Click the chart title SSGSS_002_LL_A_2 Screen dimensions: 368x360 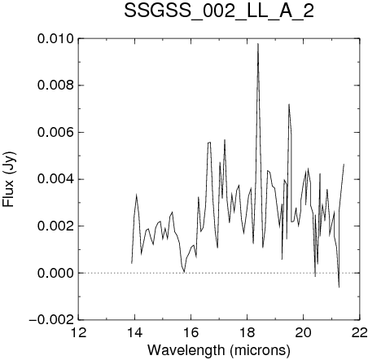coord(219,11)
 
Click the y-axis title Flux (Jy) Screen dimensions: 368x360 coord(9,179)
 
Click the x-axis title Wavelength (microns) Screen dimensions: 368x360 coord(219,350)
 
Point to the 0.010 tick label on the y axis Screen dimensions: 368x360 coord(55,39)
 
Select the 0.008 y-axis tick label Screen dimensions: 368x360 coord(55,86)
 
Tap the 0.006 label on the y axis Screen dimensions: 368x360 coord(55,133)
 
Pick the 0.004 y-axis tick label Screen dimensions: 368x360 coord(55,179)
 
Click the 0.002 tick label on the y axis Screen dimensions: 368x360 coord(55,226)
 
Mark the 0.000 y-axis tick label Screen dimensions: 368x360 coord(55,273)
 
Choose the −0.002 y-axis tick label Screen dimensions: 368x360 coord(51,320)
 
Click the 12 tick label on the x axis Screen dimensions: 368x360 coord(79,332)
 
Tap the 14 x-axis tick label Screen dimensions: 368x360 coord(135,332)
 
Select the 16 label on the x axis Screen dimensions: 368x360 coord(191,332)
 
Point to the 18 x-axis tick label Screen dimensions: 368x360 coord(248,332)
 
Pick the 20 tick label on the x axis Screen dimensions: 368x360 coord(304,332)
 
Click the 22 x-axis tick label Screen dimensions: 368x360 coord(360,332)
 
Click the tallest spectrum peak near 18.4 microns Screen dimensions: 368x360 coord(258,44)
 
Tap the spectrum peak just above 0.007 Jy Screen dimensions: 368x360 coord(289,104)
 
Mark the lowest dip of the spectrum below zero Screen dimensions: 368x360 coord(339,287)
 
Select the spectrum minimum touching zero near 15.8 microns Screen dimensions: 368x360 coord(184,272)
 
